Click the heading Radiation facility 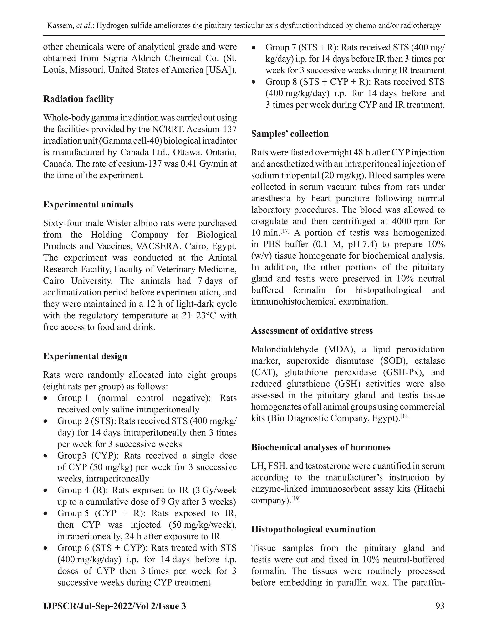coord(78,99)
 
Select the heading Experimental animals coord(88,204)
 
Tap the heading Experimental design coord(85,356)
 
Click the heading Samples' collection coord(290,134)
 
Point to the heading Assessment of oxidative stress coord(312,331)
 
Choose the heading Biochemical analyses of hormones coord(321,447)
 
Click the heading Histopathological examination coord(313,529)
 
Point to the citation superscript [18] coord(405,416)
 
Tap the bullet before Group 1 coord(45,398)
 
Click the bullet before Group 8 coord(253,82)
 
